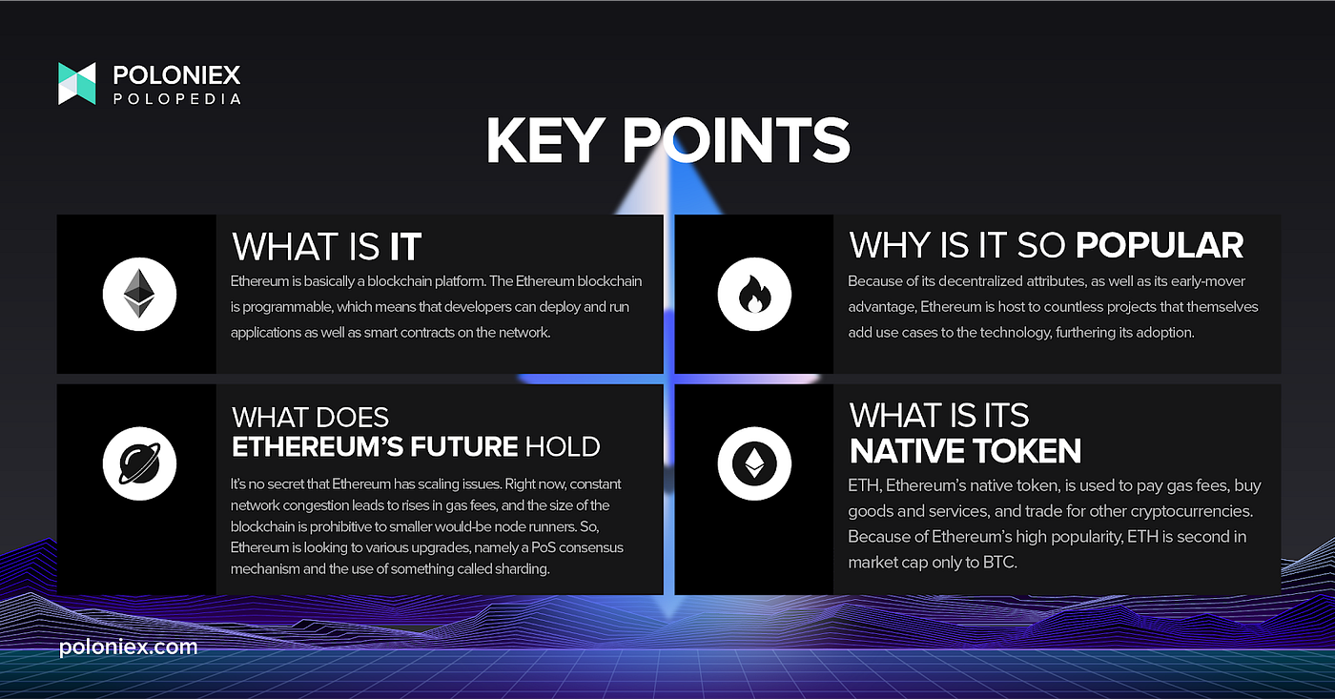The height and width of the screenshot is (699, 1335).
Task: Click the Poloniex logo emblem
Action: click(77, 83)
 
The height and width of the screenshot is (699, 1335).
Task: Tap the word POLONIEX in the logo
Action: click(176, 75)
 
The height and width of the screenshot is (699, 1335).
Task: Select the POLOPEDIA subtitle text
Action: click(177, 99)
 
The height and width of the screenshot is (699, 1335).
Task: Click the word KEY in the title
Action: click(543, 140)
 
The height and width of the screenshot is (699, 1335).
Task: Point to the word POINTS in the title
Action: click(736, 140)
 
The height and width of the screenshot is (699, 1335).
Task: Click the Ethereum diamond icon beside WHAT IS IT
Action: click(139, 294)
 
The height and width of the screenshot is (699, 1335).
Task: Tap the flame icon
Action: click(754, 294)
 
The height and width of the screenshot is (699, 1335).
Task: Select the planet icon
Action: click(139, 463)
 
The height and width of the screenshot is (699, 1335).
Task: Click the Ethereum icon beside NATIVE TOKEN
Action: click(754, 463)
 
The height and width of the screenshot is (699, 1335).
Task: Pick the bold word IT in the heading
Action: click(405, 247)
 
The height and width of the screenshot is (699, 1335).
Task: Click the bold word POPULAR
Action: click(1160, 245)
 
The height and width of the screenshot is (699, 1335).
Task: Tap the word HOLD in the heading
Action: click(562, 446)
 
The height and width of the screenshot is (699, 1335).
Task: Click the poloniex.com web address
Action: click(128, 648)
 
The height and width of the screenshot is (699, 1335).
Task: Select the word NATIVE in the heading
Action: click(905, 450)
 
